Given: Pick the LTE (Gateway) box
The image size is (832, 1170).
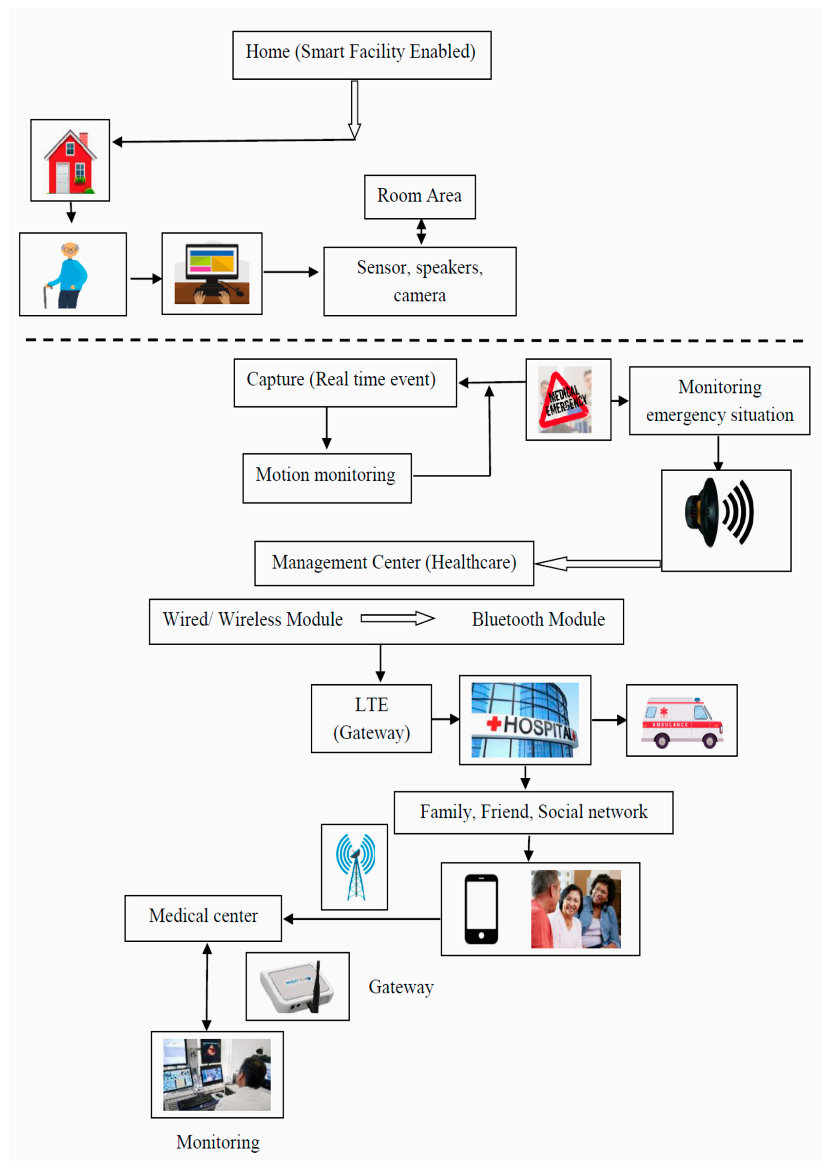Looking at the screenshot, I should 372,718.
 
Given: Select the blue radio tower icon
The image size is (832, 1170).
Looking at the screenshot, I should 355,867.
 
